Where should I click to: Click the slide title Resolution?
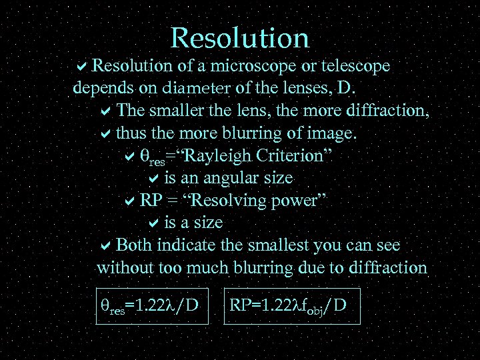click(x=240, y=38)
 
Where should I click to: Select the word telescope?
click(x=355, y=67)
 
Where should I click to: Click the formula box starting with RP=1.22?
click(x=292, y=306)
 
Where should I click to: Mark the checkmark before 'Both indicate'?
click(x=105, y=245)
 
